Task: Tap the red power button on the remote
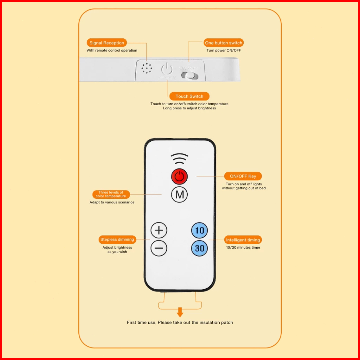(179, 177)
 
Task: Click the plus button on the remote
(159, 230)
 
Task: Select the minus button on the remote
(159, 248)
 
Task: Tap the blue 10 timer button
(199, 230)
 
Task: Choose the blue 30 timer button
(199, 248)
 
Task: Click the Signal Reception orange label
(107, 43)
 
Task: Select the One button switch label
(224, 43)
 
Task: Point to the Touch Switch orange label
(189, 96)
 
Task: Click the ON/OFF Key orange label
(243, 176)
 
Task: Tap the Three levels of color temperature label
(111, 194)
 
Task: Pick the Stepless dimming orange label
(117, 240)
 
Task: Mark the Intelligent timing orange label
(243, 240)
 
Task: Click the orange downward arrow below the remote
(180, 312)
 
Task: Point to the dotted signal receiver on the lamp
(147, 68)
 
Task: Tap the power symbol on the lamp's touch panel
(167, 68)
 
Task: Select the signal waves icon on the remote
(180, 159)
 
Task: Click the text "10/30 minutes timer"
(243, 248)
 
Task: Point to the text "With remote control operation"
(112, 50)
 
